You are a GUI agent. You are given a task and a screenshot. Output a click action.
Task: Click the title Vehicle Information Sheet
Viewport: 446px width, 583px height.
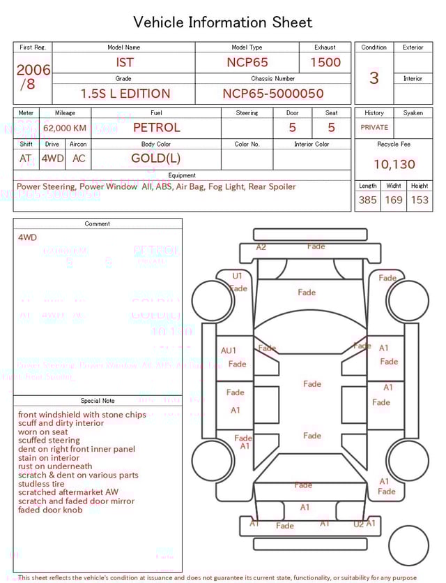click(223, 22)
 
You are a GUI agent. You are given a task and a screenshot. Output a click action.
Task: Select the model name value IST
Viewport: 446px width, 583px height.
click(124, 62)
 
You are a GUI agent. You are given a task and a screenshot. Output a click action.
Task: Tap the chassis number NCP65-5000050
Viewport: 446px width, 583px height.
click(273, 94)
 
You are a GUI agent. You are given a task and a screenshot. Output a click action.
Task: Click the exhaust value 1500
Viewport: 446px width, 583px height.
click(325, 62)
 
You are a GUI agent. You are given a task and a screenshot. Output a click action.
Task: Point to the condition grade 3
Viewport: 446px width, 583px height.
click(374, 78)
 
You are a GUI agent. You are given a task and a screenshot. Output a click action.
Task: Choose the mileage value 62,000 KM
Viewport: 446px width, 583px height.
click(65, 128)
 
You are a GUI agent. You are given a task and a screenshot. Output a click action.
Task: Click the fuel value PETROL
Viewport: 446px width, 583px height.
click(156, 128)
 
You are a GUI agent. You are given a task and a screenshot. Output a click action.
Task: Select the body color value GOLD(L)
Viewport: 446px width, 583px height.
click(156, 158)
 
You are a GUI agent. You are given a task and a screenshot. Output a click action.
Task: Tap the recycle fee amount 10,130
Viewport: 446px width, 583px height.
click(394, 165)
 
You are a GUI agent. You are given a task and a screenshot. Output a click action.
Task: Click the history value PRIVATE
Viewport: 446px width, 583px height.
click(374, 128)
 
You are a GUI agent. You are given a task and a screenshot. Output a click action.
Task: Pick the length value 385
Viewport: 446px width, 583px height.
click(368, 200)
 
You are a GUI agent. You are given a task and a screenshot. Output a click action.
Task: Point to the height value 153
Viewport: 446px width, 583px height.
click(420, 200)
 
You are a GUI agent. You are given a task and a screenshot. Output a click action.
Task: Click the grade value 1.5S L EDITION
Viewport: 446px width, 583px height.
click(125, 94)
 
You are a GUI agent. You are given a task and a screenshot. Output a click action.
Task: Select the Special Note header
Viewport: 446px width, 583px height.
click(98, 401)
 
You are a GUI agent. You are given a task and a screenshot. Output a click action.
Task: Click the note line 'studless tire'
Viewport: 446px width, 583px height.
click(41, 484)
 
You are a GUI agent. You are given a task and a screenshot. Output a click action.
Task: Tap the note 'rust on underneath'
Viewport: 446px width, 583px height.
click(55, 466)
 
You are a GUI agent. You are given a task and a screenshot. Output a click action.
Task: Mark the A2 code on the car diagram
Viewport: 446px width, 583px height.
click(261, 247)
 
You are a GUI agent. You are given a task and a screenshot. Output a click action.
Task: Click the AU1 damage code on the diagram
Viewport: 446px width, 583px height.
click(229, 350)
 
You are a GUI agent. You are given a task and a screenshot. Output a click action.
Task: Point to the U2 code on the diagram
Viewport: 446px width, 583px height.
click(358, 524)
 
